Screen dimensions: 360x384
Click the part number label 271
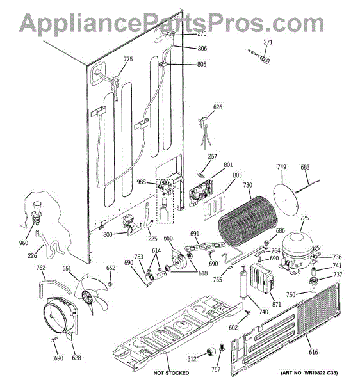tap(268, 42)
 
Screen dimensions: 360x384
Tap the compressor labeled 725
tap(297, 253)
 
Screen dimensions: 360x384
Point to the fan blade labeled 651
tap(91, 293)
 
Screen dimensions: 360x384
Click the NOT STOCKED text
tap(171, 373)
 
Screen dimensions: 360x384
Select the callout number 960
tap(24, 243)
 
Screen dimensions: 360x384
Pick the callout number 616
tap(313, 352)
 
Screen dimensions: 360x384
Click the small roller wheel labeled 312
tap(211, 352)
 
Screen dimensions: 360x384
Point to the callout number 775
tap(128, 59)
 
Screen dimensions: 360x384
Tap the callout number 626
tap(218, 107)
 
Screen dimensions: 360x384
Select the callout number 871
tap(277, 304)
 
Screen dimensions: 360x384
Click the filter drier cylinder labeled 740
tap(243, 282)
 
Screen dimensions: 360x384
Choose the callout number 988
tap(141, 182)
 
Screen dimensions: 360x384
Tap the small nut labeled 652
tap(110, 284)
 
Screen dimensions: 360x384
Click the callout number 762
tap(41, 268)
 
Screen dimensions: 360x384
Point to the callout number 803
tap(237, 175)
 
